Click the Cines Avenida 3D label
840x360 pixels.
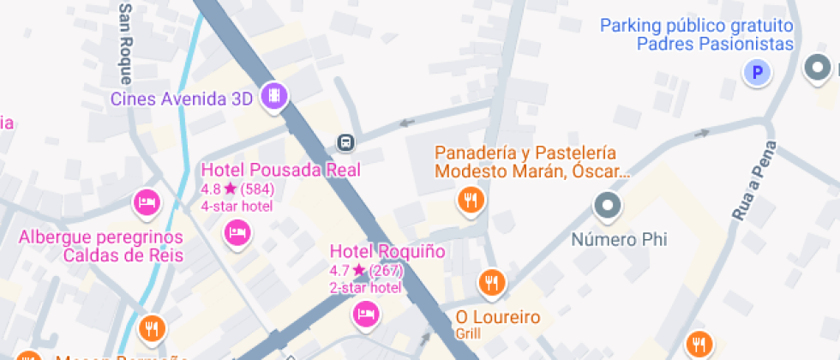(182, 99)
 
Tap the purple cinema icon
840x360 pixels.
(274, 96)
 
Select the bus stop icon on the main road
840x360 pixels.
(346, 141)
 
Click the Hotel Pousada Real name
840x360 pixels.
(280, 170)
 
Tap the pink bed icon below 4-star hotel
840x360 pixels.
(237, 232)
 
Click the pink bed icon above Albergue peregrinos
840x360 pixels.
(147, 203)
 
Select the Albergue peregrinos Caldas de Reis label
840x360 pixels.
(101, 245)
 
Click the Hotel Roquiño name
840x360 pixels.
(387, 251)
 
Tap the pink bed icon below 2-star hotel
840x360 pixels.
(366, 314)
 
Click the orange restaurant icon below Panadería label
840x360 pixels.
(470, 201)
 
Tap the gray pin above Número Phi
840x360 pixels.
(608, 206)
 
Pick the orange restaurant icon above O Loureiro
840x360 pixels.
(490, 281)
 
